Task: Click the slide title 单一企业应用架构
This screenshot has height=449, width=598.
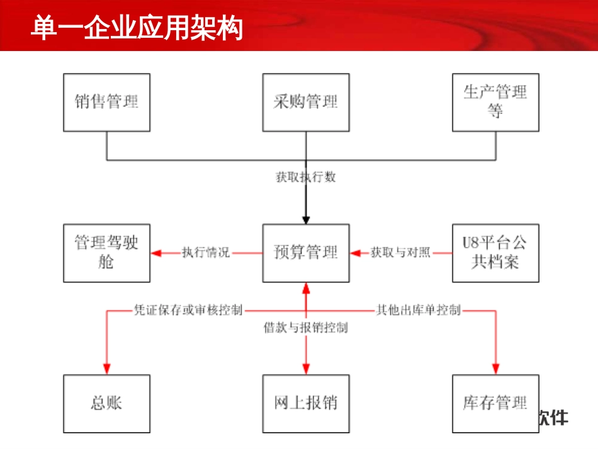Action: (x=137, y=28)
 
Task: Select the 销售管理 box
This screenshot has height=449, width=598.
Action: (x=106, y=102)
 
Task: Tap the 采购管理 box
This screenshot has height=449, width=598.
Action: (x=306, y=102)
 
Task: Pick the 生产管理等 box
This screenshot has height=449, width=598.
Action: (x=495, y=102)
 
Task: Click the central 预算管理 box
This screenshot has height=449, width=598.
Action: (x=306, y=253)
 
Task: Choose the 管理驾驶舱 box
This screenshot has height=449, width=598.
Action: (x=106, y=253)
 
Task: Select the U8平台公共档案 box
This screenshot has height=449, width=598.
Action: (x=495, y=253)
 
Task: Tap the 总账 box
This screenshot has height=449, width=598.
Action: (x=106, y=403)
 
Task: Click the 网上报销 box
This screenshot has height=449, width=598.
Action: (x=306, y=403)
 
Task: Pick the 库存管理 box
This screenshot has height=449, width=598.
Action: (x=495, y=403)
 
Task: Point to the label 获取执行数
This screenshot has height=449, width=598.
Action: (x=306, y=177)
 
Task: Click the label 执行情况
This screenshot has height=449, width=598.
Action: (x=206, y=253)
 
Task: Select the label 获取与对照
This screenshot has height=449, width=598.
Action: (x=400, y=253)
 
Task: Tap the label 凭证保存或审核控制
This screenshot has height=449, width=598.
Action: (x=188, y=310)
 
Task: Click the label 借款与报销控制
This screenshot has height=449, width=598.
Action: (x=306, y=327)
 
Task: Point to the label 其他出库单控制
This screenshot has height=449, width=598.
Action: (x=419, y=310)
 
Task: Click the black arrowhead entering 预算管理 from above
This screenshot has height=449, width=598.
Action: (x=306, y=220)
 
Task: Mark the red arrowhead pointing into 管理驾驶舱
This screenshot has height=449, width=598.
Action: (x=156, y=253)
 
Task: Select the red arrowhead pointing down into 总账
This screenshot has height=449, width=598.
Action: (x=106, y=370)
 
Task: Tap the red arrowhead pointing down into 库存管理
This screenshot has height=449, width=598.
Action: (x=495, y=370)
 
